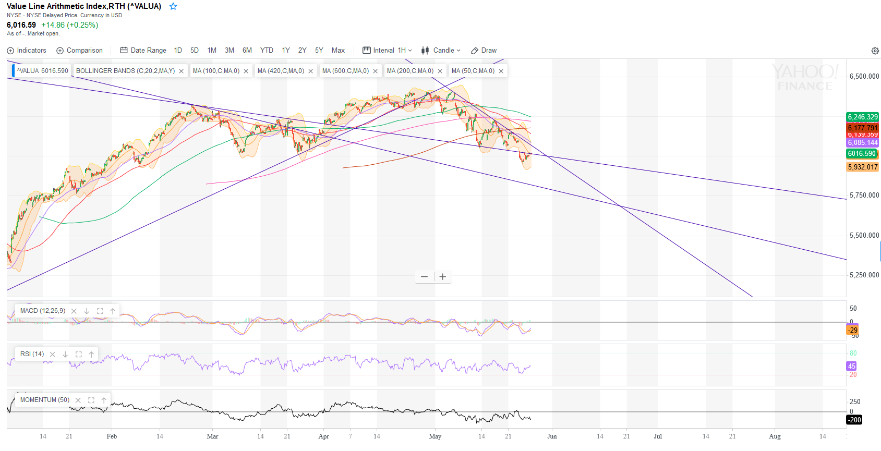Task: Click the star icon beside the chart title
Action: coord(173,7)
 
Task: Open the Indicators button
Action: coord(27,51)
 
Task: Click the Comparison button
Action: coord(79,51)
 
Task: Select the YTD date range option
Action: coord(267,51)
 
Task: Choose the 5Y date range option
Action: coord(319,51)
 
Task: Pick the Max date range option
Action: coord(338,51)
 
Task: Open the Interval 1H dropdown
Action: coord(388,51)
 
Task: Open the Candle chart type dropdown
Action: coord(441,51)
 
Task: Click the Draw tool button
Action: coord(484,51)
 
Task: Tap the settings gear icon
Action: coord(875,51)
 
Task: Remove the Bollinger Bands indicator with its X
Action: coord(182,71)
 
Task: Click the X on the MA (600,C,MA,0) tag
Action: coord(376,71)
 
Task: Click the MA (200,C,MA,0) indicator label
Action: coord(410,71)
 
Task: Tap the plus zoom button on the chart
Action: coord(443,277)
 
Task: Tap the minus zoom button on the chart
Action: coord(424,277)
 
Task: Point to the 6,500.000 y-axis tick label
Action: coord(864,76)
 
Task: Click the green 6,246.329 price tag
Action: coord(863,117)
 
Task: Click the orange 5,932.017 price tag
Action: coord(863,167)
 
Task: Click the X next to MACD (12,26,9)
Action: coord(74,311)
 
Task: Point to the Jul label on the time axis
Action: coord(658,436)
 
